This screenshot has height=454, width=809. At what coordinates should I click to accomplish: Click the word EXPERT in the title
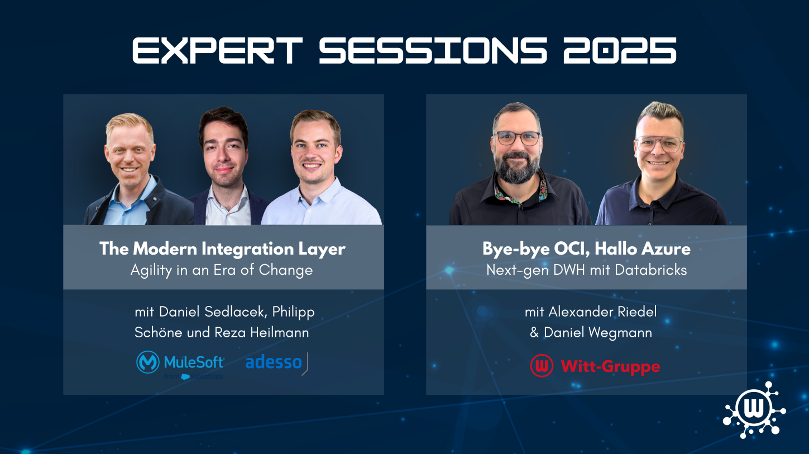217,51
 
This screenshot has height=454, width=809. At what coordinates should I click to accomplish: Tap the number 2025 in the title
620,51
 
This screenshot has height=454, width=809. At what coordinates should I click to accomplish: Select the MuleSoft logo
180,365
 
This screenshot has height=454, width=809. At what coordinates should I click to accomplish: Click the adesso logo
277,363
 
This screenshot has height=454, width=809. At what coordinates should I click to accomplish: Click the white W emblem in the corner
754,410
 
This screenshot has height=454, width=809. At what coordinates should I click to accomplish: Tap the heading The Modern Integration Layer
222,248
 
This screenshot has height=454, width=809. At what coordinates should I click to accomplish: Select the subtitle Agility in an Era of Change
222,270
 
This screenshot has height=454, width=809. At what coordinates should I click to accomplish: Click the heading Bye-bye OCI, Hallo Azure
587,248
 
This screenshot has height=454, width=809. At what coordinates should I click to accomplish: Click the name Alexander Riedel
603,312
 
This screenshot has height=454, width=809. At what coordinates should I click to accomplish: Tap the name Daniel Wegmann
598,332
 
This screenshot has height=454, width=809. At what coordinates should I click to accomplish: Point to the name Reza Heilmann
262,332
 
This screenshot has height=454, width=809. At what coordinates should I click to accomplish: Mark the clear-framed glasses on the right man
659,144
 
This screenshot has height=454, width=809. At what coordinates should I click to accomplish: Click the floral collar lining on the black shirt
520,190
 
